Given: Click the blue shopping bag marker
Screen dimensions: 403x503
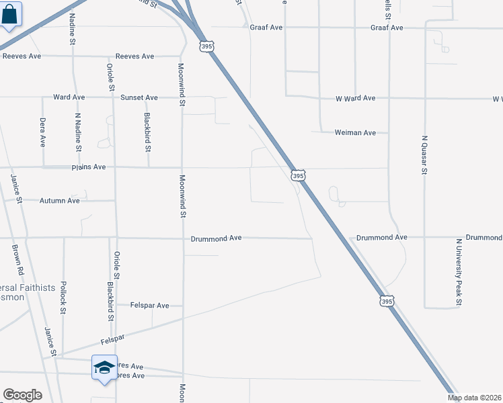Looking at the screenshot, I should (10, 14).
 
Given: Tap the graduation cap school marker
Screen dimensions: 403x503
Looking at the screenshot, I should (104, 367).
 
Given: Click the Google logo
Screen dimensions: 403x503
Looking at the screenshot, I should (22, 395).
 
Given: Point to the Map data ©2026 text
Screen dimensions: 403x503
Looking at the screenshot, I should (474, 398).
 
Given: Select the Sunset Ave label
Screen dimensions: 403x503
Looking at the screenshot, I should (139, 97).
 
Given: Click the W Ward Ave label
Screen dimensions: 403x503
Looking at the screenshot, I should (355, 98).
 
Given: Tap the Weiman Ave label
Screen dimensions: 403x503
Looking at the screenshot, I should (355, 133).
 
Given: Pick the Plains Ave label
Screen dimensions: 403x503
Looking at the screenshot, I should (90, 167).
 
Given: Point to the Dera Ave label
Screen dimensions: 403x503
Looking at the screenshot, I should (42, 132).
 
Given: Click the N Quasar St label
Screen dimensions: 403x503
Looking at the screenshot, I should (424, 155).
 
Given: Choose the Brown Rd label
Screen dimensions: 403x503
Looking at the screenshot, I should (17, 259).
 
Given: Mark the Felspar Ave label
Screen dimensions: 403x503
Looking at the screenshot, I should (149, 306).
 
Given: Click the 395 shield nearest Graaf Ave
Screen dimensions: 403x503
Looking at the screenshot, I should (206, 45).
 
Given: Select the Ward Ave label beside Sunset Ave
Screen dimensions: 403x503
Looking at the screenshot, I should (69, 97).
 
